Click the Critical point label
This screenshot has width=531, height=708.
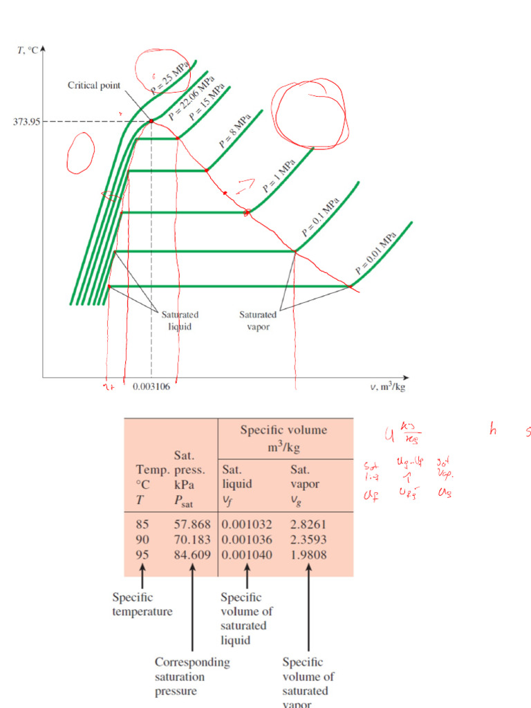[94, 86]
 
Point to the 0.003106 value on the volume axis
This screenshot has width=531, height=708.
[151, 387]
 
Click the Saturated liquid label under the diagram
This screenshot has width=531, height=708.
[180, 321]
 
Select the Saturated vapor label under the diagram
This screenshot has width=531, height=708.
[258, 321]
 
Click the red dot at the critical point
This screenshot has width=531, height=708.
[151, 122]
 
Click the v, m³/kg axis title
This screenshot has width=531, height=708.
[387, 387]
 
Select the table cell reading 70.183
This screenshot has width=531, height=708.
[192, 539]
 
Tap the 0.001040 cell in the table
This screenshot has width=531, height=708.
[247, 555]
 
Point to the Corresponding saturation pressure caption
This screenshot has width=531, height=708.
[192, 676]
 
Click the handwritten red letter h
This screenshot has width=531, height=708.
[493, 430]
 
